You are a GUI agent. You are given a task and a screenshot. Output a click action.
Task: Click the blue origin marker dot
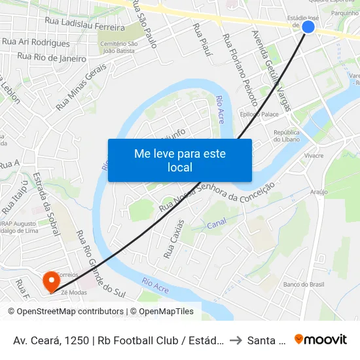pos(308,27)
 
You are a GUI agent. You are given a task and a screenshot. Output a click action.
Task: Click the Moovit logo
pos(320,339)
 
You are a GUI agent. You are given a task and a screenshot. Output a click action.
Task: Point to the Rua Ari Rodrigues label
pos(36,43)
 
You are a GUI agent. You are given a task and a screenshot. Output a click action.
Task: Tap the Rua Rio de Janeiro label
pos(52,58)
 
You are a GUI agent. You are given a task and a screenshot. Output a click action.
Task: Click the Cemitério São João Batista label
pos(119,46)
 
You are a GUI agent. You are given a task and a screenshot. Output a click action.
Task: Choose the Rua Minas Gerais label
pos(81,90)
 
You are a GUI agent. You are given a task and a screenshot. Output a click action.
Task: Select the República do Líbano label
pos(286,135)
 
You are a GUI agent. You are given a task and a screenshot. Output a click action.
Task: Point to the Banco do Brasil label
pos(303,284)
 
